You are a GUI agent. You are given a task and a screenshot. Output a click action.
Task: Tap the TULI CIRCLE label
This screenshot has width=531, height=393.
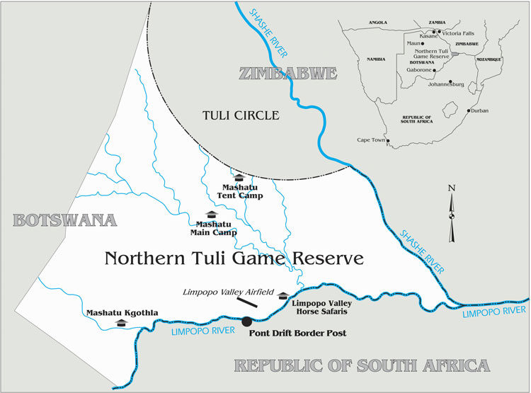point(240,115)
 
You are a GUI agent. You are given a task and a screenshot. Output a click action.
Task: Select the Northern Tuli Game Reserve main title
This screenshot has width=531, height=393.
point(234,258)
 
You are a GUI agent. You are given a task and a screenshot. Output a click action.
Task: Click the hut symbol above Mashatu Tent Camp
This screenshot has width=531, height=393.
point(239,178)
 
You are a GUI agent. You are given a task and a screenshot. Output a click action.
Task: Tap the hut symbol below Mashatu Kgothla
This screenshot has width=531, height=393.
point(120,323)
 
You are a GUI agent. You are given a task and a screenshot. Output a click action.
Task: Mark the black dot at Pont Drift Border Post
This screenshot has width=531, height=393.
point(246,321)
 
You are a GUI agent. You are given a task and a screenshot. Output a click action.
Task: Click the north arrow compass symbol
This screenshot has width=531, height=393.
point(451,212)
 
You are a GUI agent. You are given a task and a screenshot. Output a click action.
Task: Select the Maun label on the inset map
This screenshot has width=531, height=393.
point(413,43)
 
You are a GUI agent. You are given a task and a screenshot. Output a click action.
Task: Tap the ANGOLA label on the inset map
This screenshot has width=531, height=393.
point(377,23)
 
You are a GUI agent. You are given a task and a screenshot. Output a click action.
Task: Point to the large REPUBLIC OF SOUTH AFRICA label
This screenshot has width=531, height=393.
point(362,366)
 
